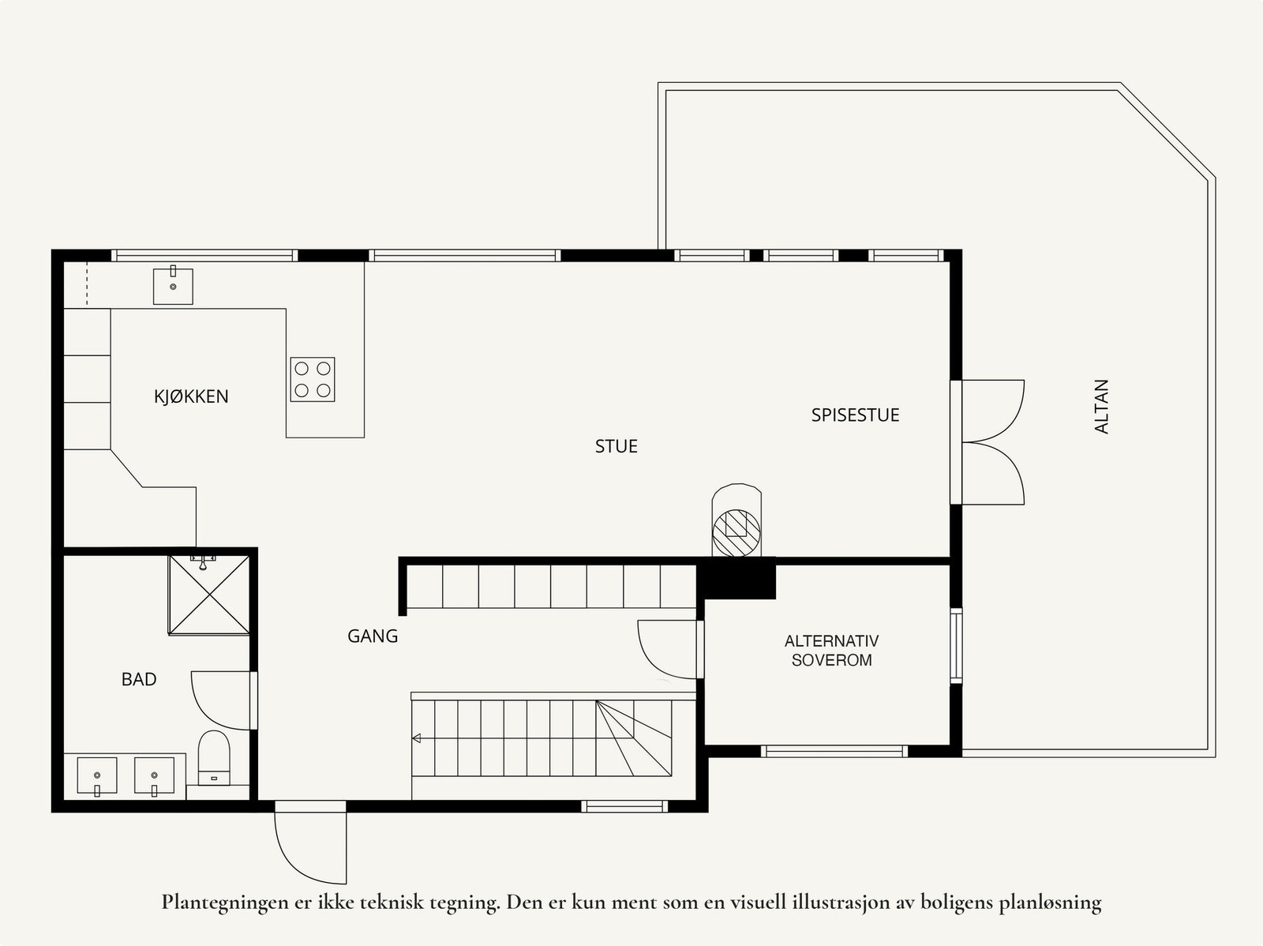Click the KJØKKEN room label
click(191, 396)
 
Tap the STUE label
click(617, 446)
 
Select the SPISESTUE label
click(855, 415)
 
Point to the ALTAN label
click(1100, 406)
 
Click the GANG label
click(373, 636)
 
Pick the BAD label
click(139, 680)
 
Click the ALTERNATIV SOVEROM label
click(831, 650)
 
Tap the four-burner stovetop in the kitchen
click(313, 379)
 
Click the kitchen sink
click(173, 285)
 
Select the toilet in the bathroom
click(214, 758)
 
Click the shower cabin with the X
click(209, 595)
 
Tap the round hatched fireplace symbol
click(736, 533)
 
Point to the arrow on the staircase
click(417, 738)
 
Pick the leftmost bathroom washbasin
click(96, 776)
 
